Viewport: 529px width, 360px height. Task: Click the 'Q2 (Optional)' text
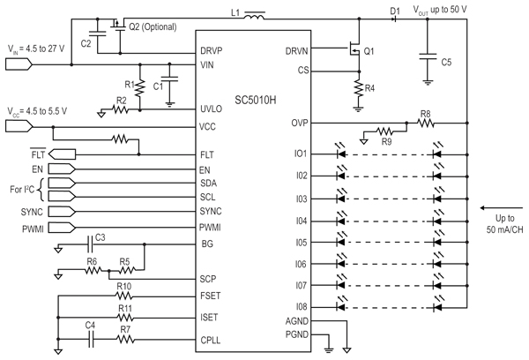(160, 26)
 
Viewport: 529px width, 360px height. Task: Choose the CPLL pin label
(212, 341)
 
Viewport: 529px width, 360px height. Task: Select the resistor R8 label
(425, 113)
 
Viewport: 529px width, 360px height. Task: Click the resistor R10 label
(124, 287)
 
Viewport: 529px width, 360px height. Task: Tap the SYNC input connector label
(32, 213)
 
